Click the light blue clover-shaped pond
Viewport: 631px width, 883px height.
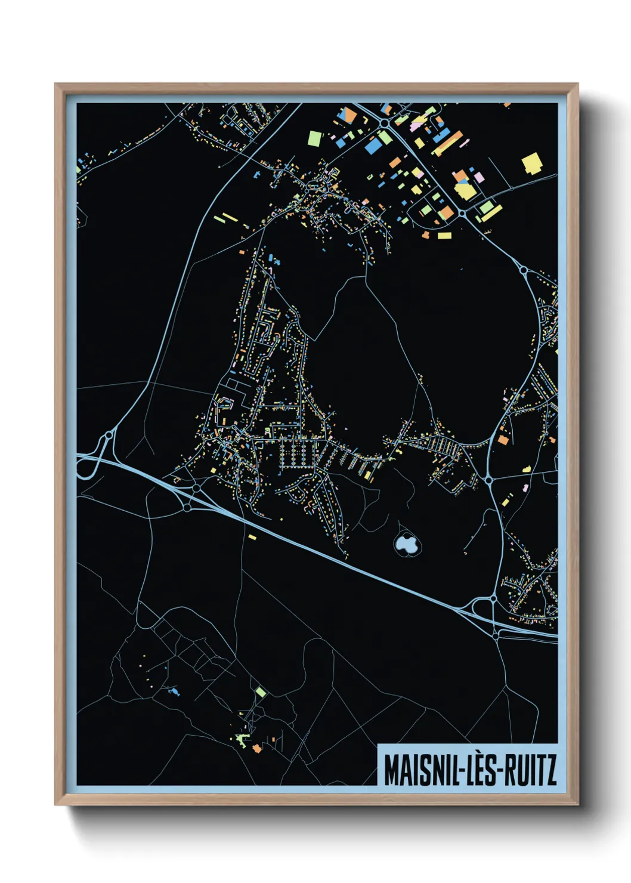(406, 544)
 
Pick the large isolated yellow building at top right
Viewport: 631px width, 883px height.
(531, 163)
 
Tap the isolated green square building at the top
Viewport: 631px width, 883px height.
(314, 138)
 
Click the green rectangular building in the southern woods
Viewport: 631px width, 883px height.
(260, 691)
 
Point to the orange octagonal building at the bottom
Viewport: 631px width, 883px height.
(257, 748)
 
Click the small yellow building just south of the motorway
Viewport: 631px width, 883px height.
(252, 538)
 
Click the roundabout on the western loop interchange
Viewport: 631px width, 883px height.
(109, 436)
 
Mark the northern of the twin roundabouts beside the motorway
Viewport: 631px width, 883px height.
(196, 488)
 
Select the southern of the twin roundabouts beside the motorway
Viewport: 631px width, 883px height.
(187, 507)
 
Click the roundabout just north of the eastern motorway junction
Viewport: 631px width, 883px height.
(493, 598)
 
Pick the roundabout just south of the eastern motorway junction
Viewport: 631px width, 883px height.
(496, 637)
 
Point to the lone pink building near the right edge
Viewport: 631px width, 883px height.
(525, 487)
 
